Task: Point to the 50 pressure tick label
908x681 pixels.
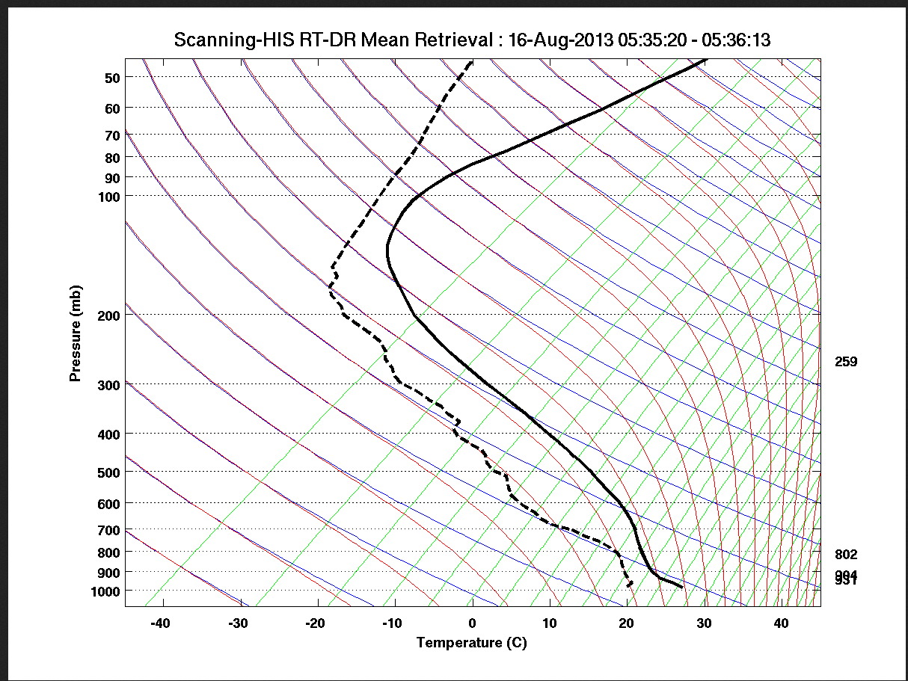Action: click(113, 77)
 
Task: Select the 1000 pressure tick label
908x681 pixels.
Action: click(106, 591)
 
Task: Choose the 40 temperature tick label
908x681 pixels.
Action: click(781, 623)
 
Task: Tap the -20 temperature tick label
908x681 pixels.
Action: click(317, 623)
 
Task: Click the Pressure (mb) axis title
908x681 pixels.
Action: click(75, 333)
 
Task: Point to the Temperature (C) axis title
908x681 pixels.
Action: click(472, 642)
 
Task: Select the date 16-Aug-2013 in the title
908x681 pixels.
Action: click(561, 40)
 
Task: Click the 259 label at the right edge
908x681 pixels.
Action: click(846, 362)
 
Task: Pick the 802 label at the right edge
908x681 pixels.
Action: click(846, 555)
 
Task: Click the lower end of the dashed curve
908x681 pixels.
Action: click(629, 586)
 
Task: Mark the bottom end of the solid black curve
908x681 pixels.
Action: click(682, 587)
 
